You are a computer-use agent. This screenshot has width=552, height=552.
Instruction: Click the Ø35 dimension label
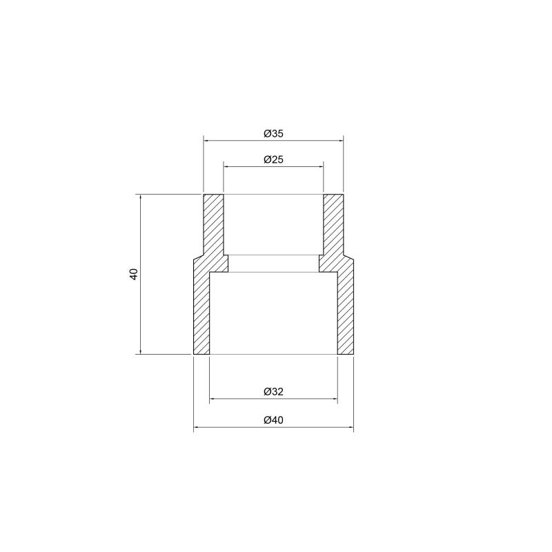point(273,134)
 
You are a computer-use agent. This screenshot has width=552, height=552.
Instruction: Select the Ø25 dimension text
point(273,160)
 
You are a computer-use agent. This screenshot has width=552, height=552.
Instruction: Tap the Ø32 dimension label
point(273,392)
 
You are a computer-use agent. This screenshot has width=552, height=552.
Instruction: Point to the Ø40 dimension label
point(273,420)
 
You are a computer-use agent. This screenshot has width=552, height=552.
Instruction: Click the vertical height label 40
point(134,274)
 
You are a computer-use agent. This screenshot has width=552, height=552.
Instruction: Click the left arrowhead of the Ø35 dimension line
point(206,141)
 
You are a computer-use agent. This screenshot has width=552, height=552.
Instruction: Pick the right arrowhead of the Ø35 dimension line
point(340,141)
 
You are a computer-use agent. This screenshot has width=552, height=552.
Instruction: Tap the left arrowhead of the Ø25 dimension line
point(226,166)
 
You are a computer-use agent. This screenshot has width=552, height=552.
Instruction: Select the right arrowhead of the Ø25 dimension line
point(321,166)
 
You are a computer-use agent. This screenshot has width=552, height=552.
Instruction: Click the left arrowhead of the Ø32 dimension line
point(213,399)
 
